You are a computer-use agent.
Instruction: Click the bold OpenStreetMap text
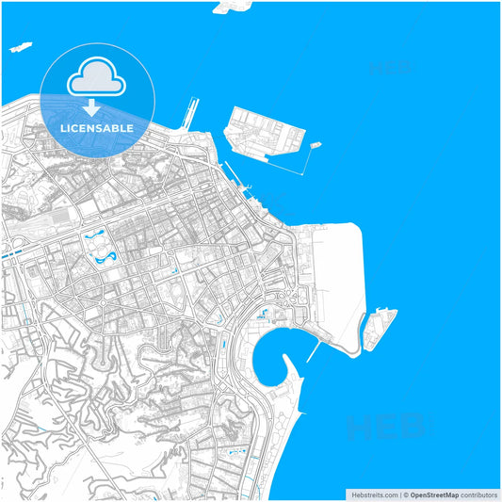pos(434,494)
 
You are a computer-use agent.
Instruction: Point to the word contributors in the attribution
pos(479,494)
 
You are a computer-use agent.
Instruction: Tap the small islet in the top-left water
pos(21,46)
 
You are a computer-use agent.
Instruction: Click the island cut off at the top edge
pos(232,7)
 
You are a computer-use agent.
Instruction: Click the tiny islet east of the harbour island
pos(315,145)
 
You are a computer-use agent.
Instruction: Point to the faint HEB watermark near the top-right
pos(389,68)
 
